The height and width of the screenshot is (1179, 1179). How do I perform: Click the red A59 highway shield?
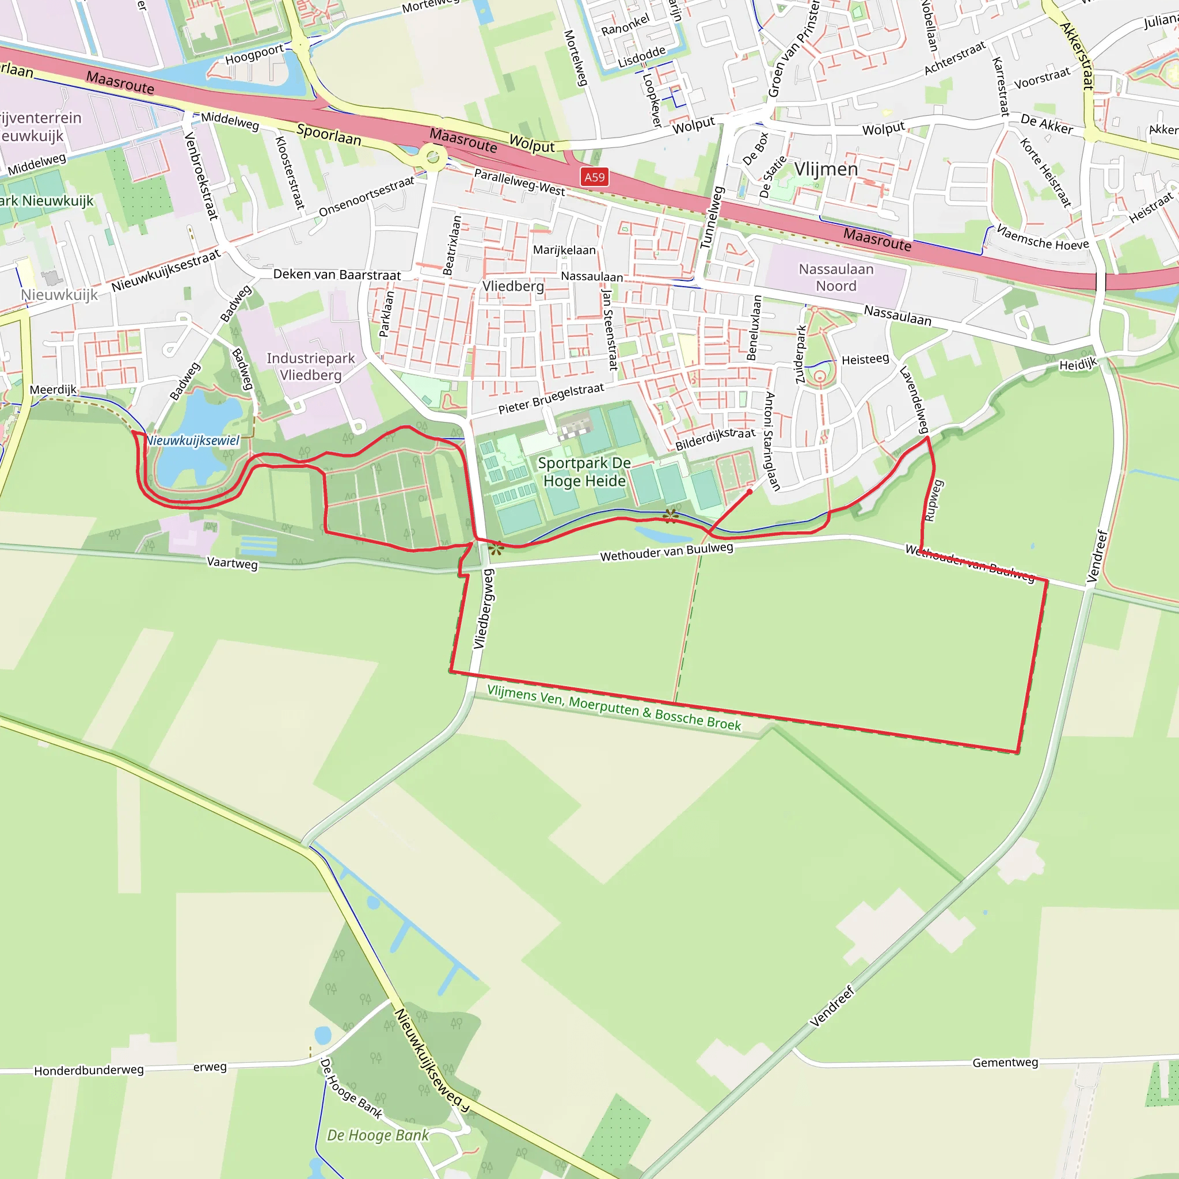click(594, 177)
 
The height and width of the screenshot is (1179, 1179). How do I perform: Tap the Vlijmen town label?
click(826, 169)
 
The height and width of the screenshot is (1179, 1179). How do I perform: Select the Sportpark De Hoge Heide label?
click(584, 471)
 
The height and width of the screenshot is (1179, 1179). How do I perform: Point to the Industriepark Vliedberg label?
click(311, 366)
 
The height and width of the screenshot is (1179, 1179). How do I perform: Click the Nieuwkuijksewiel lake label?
click(193, 440)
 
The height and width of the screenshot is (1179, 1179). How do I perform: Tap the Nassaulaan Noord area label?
click(836, 277)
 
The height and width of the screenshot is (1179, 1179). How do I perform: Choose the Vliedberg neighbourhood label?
click(512, 286)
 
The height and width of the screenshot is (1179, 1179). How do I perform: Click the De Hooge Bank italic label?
click(378, 1135)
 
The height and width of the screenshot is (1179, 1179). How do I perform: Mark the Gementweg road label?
click(1005, 1063)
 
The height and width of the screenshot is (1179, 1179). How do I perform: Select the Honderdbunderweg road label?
click(89, 1070)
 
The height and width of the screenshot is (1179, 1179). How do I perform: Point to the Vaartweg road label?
click(232, 562)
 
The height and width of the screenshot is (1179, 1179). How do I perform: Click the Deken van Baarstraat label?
click(337, 275)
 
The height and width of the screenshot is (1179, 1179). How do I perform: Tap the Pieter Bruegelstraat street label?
click(551, 398)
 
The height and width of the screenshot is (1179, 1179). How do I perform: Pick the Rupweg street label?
click(933, 500)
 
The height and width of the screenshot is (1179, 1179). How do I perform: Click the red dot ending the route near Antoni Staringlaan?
click(750, 491)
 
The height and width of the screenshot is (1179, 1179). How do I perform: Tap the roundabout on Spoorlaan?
click(433, 157)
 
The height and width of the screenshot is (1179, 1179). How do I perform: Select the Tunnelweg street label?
click(711, 218)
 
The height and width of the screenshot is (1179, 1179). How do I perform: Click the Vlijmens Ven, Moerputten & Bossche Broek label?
click(614, 708)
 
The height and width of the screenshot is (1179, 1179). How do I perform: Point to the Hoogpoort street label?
click(254, 54)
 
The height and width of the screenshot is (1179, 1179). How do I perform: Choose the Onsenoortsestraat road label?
click(366, 196)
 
